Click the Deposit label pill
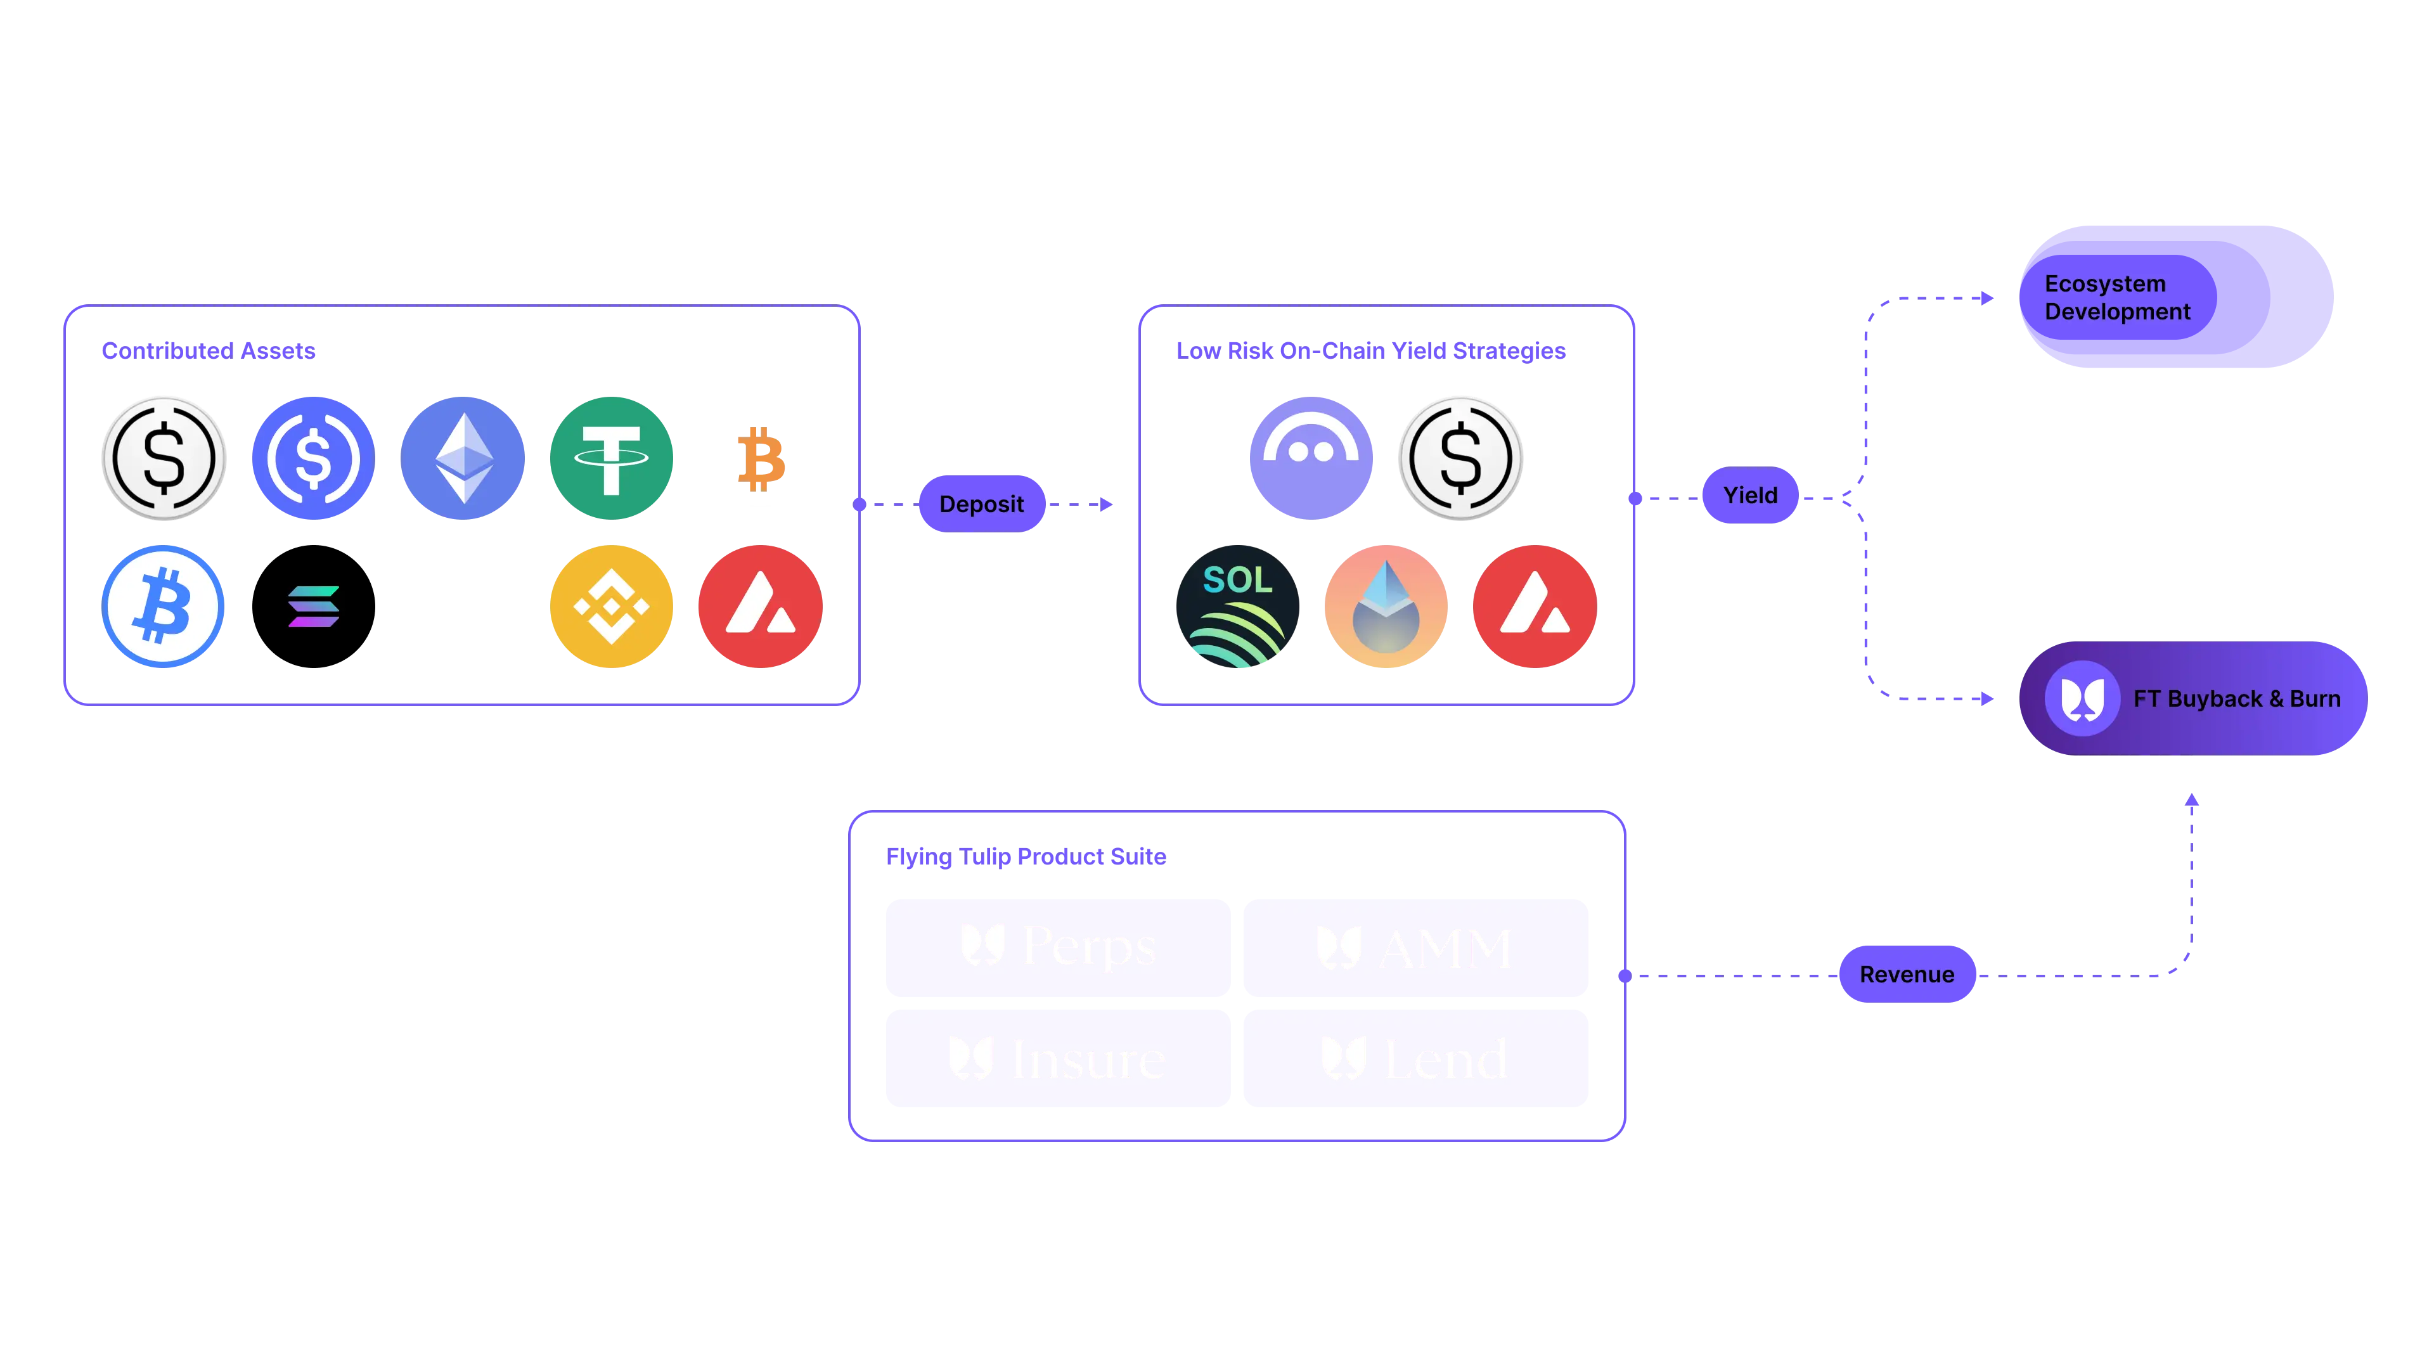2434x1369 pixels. (x=981, y=504)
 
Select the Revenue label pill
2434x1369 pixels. (x=1907, y=974)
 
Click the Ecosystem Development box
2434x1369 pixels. (x=2175, y=297)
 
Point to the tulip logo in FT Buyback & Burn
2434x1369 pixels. (x=2082, y=699)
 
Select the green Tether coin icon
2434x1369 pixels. (x=611, y=458)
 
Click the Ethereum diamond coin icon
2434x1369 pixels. (x=463, y=458)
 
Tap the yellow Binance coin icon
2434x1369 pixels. (x=611, y=606)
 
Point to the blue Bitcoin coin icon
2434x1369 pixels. (x=162, y=606)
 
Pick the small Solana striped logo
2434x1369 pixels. (x=312, y=606)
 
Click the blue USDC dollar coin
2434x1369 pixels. (x=312, y=458)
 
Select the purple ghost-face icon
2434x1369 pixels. (x=1311, y=458)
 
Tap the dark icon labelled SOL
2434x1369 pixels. (x=1238, y=606)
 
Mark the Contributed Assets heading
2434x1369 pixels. (x=209, y=350)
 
